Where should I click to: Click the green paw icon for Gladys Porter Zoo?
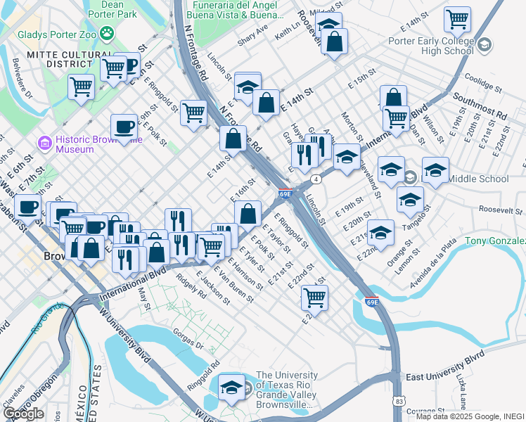point(107,32)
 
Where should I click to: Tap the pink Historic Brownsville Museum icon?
point(45,144)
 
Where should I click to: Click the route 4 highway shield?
point(317,179)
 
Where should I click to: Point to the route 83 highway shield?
point(399,401)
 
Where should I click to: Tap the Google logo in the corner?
point(23,414)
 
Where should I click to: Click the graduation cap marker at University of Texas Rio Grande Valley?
point(231,388)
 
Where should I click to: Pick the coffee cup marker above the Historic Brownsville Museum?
point(124,127)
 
